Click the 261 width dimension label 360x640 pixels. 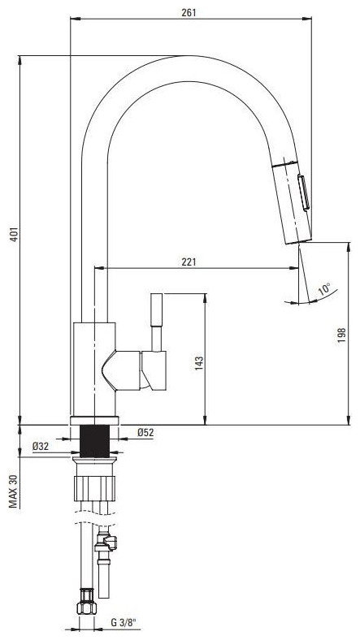coord(189,13)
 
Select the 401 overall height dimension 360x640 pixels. coord(15,234)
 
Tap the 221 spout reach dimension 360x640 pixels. coord(189,262)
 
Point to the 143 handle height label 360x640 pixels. coord(199,363)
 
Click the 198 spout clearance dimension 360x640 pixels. coord(342,335)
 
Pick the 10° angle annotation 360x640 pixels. coord(324,289)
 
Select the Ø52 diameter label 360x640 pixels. coord(145,433)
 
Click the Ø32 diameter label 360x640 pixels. coord(41,447)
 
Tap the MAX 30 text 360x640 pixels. coord(15,491)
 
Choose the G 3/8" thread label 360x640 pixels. coord(124,623)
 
